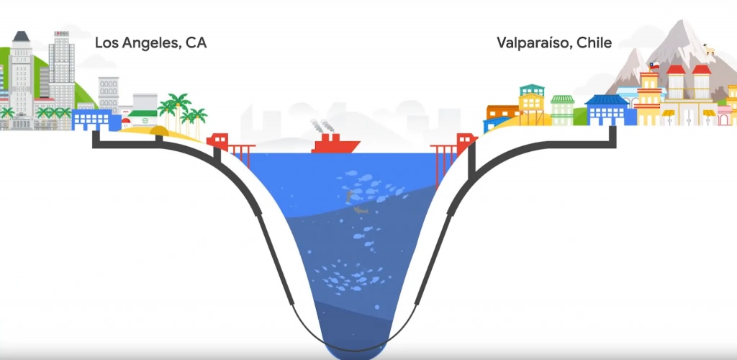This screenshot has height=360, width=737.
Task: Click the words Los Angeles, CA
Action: [150, 43]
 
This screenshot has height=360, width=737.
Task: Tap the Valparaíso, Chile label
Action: [553, 43]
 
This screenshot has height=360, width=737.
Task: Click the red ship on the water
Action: [335, 144]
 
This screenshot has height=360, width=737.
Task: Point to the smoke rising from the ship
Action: [318, 125]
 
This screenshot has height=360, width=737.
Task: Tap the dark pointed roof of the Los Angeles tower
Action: [20, 37]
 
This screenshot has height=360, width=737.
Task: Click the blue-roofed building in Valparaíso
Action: [607, 109]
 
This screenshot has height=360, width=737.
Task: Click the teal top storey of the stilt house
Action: [531, 96]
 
